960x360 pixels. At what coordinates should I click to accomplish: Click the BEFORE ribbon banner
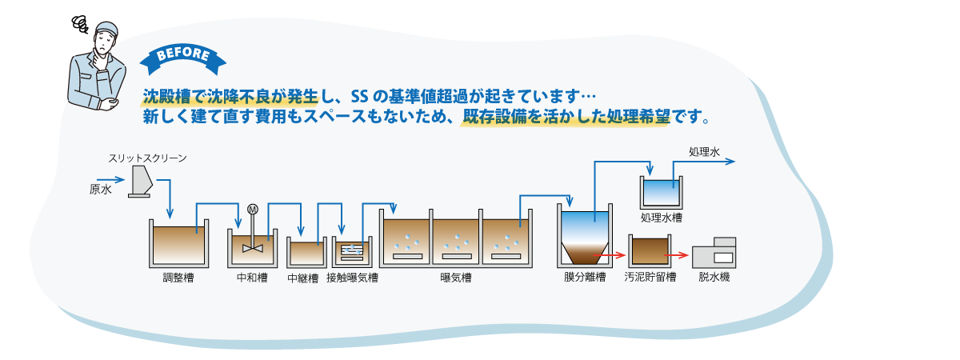tap(183, 59)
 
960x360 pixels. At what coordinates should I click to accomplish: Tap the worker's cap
tap(106, 30)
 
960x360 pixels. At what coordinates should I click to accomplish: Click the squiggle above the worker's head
tap(80, 25)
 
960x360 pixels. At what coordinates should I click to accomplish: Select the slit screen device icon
tap(140, 182)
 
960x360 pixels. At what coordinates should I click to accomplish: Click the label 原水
tap(100, 190)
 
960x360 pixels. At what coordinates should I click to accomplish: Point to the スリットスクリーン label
tap(147, 158)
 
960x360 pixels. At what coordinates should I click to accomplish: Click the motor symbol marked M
tap(253, 209)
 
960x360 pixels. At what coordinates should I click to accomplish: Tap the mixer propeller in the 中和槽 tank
tap(253, 248)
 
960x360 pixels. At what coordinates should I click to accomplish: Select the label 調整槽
tap(178, 278)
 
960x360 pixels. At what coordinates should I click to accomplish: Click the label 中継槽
tap(303, 278)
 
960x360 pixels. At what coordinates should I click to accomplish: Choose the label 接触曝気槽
tap(352, 278)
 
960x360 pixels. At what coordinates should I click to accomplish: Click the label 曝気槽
tap(456, 278)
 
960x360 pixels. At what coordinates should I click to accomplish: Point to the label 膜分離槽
tap(585, 278)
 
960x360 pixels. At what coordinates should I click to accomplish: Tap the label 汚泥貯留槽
tap(650, 278)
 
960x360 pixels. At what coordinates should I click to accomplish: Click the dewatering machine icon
tap(714, 253)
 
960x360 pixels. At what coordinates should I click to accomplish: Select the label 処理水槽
tap(662, 218)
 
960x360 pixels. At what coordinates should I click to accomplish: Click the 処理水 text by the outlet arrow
tap(704, 152)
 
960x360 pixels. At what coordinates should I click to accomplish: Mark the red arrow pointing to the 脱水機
tap(677, 255)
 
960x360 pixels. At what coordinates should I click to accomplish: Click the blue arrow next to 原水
tap(110, 179)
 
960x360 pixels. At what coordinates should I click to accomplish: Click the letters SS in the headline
tap(359, 98)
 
